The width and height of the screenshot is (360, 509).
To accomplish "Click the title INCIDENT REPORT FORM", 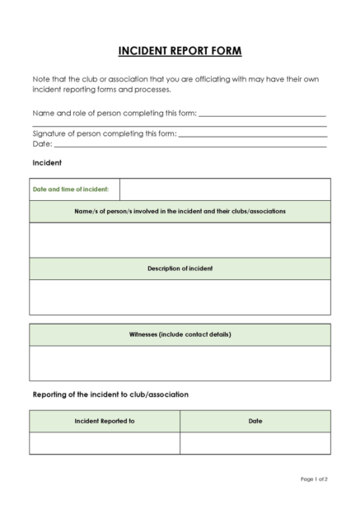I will (x=180, y=51).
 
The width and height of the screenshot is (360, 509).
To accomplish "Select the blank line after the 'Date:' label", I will (x=189, y=146).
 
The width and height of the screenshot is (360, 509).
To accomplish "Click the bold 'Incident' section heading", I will (x=47, y=163).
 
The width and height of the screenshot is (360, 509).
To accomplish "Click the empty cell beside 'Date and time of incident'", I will (x=225, y=189).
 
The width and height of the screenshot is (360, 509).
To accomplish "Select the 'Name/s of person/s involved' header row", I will (x=180, y=212).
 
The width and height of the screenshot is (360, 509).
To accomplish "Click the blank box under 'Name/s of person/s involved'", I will (x=180, y=240).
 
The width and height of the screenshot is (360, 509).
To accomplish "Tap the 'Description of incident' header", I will (x=180, y=269).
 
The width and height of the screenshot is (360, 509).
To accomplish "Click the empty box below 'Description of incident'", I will (x=180, y=297).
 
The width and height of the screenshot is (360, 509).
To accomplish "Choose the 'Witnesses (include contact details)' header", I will (x=180, y=334).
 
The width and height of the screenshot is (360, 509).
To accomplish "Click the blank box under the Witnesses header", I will (x=180, y=363).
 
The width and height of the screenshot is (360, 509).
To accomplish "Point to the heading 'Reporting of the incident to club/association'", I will (x=110, y=395).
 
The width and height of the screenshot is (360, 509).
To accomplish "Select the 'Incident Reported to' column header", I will (x=105, y=421).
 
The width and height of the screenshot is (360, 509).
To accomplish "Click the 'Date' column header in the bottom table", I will (x=255, y=421).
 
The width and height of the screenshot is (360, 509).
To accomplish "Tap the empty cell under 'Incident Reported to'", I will (x=105, y=443).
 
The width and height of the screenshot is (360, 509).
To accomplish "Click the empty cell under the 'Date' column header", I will (x=255, y=443).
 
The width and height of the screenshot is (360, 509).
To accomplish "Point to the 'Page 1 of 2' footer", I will (x=314, y=479).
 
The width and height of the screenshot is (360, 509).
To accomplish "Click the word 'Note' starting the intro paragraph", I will (x=41, y=79).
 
